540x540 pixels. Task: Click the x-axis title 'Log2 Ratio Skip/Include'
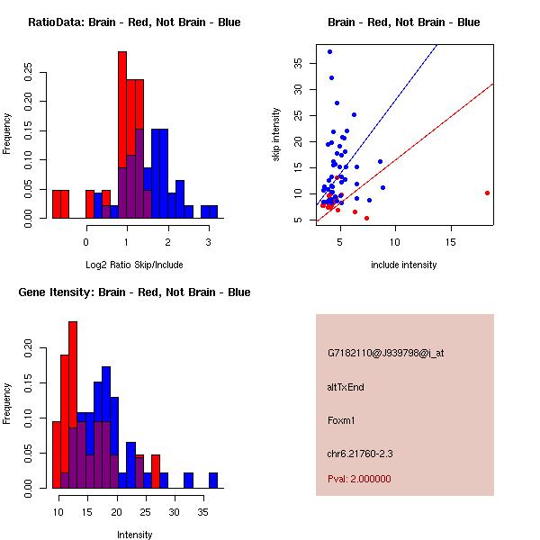(x=133, y=265)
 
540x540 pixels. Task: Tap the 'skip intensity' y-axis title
(x=276, y=134)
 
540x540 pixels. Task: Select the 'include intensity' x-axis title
(x=403, y=265)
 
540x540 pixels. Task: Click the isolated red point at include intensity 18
(x=487, y=193)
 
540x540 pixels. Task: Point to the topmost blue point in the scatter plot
(x=330, y=51)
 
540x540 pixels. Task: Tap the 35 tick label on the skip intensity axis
(x=298, y=62)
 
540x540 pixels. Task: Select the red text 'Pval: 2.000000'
(x=359, y=479)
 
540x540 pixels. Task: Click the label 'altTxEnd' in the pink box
(x=346, y=387)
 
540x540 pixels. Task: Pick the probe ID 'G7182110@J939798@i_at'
(x=385, y=353)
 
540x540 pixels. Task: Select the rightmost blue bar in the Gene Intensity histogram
(x=213, y=480)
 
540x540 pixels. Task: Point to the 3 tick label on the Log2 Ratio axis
(x=209, y=242)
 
